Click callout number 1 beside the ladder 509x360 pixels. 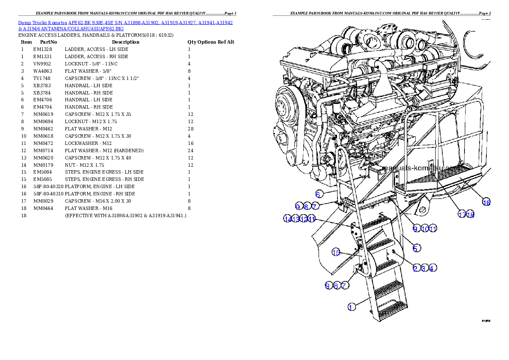351,307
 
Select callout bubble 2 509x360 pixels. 415,268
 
